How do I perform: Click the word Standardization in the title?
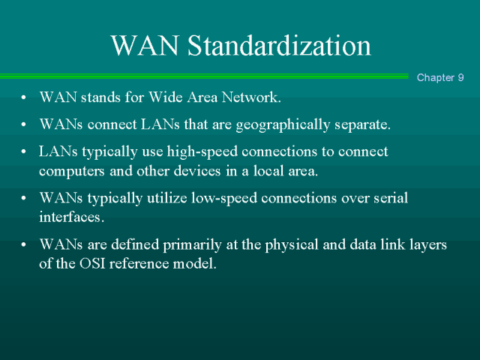point(279,45)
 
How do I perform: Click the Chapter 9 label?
point(440,77)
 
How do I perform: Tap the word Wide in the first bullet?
point(166,97)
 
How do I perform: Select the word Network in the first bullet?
point(251,97)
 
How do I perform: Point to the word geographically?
point(283,125)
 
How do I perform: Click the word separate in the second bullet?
point(362,124)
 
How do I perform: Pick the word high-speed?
point(202,152)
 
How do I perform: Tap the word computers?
point(72,171)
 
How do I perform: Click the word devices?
point(197,170)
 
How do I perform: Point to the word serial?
point(391,198)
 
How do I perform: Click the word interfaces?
point(72,217)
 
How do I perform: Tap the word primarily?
point(192,245)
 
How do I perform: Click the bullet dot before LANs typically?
point(23,151)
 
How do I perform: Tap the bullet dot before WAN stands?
point(23,97)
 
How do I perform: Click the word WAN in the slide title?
point(145,45)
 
